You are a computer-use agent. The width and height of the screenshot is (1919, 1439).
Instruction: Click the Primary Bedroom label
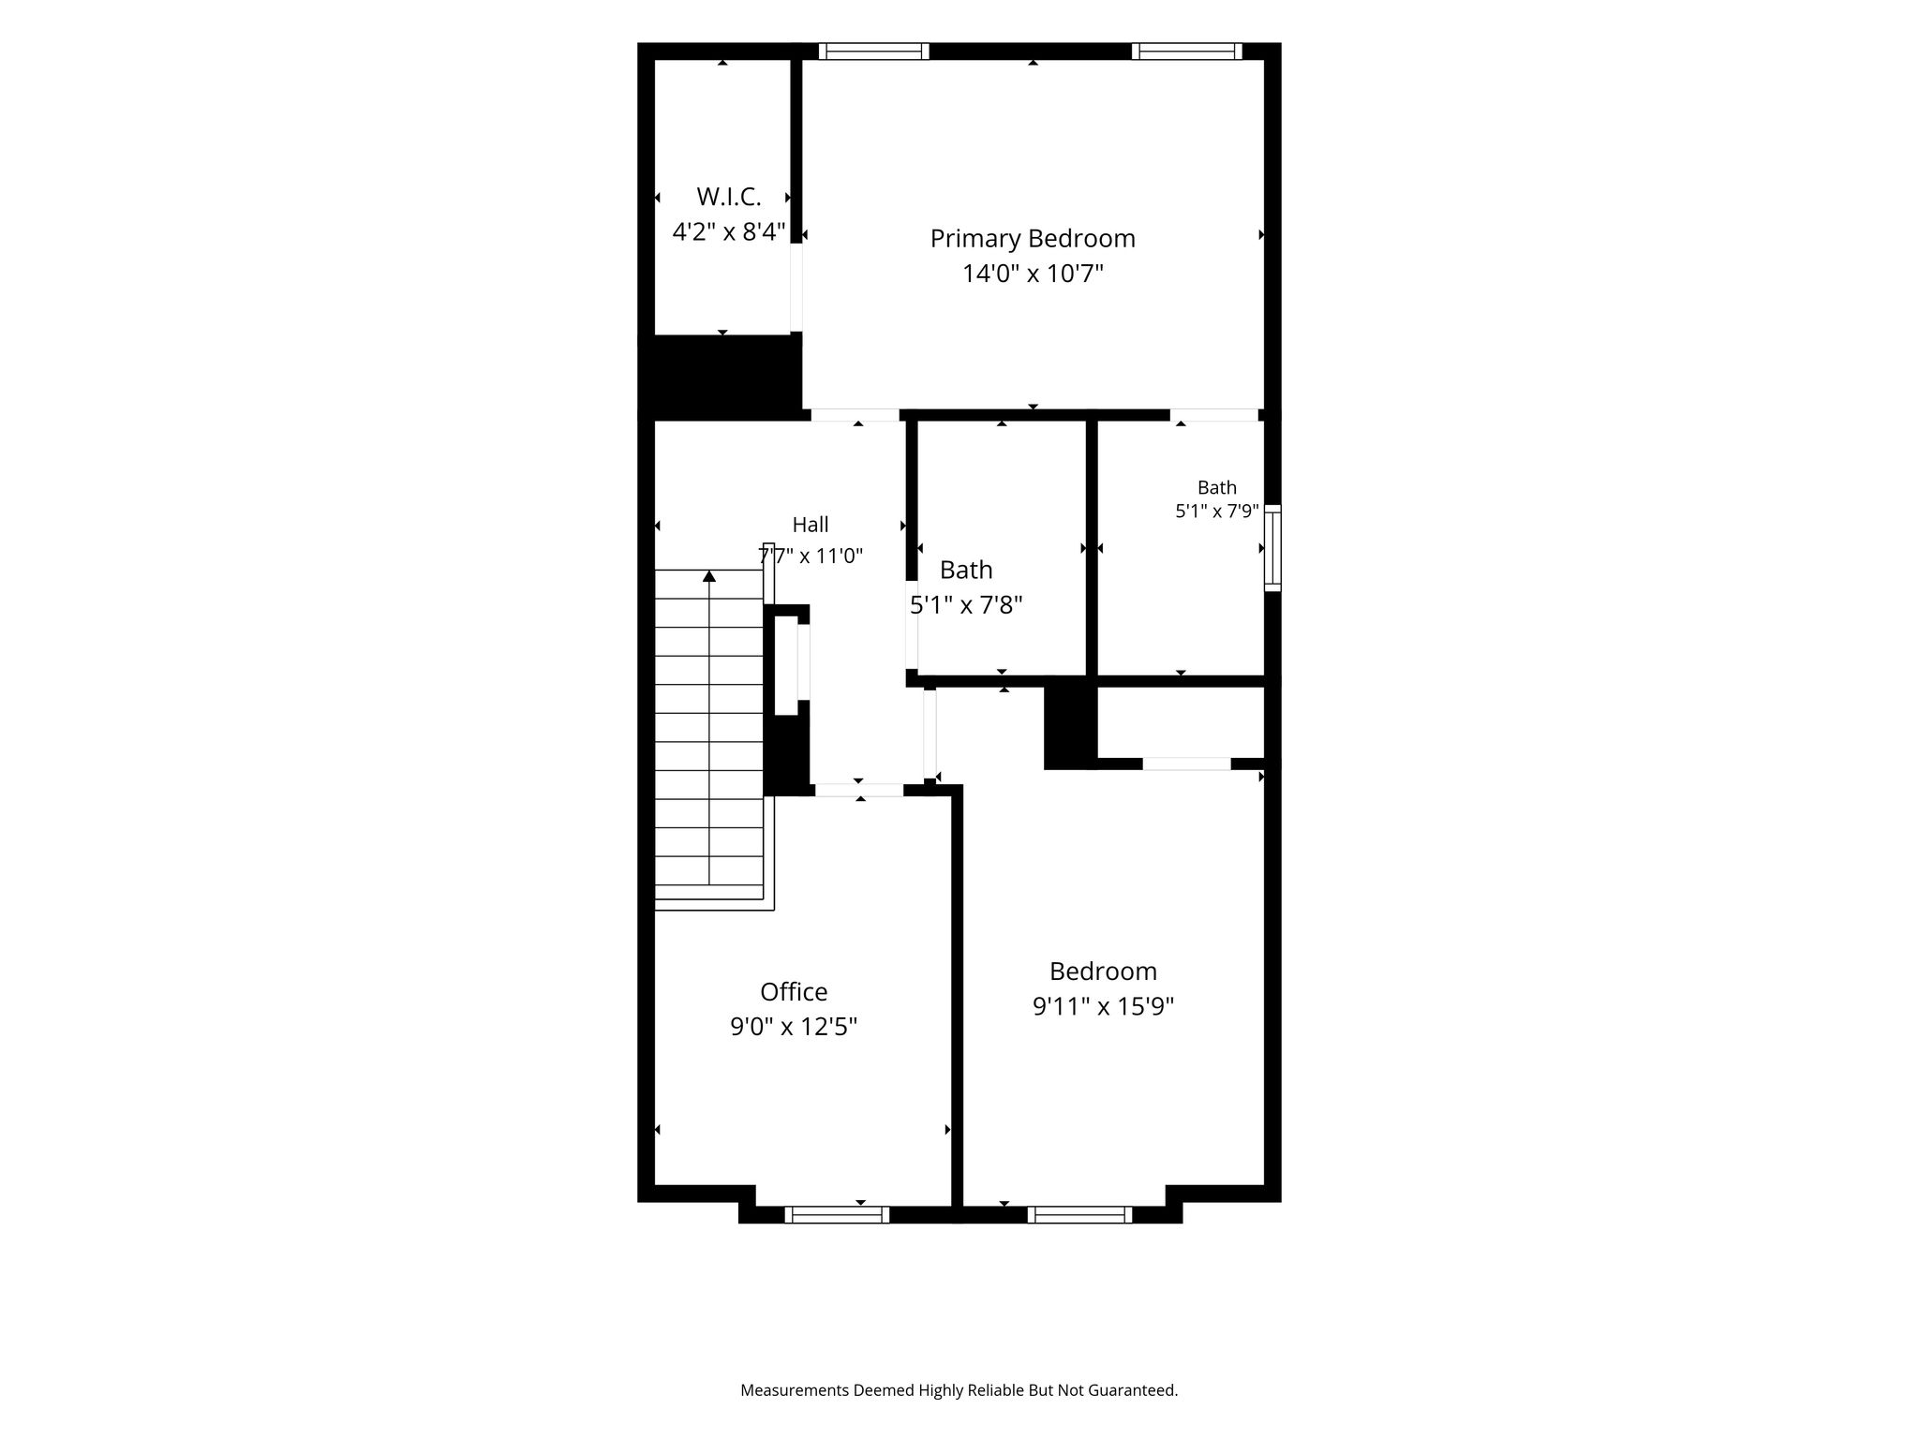click(1033, 239)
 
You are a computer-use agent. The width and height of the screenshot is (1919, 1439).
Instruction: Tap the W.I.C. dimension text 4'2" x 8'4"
click(729, 231)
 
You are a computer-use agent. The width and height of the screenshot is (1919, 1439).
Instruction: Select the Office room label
click(794, 991)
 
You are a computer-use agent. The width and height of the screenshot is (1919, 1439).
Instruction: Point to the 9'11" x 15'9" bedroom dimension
click(1104, 1006)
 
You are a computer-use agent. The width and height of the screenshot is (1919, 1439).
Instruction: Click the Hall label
click(811, 525)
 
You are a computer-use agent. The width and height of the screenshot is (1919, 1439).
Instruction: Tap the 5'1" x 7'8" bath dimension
click(966, 604)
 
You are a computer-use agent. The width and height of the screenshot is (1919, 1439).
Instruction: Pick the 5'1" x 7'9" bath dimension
click(1217, 512)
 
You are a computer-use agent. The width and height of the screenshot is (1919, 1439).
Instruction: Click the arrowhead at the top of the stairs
click(709, 576)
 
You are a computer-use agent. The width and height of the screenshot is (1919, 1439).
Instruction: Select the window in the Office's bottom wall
click(837, 1214)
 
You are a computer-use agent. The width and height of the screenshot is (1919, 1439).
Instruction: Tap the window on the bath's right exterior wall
click(1272, 547)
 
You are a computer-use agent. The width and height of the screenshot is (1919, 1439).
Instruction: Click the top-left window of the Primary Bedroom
click(874, 52)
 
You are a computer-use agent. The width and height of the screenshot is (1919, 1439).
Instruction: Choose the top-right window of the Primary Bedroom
click(1187, 52)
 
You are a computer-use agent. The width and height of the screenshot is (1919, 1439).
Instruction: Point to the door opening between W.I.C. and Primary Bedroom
click(796, 287)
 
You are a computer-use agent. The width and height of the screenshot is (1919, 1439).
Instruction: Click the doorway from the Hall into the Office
click(859, 790)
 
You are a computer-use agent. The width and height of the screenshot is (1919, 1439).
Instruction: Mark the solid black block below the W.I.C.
click(721, 376)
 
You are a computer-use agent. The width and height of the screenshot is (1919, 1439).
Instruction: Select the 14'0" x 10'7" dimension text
click(1033, 274)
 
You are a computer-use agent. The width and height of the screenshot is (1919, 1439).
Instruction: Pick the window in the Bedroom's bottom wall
click(1079, 1214)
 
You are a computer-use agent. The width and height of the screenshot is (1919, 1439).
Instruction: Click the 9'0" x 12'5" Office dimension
click(794, 1027)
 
